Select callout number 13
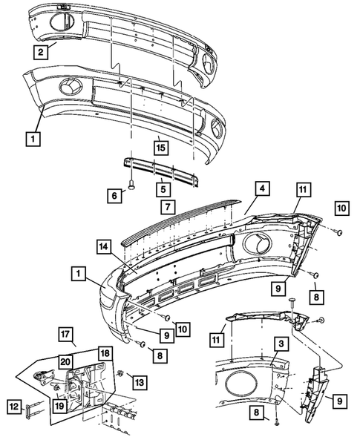point(138,381)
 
